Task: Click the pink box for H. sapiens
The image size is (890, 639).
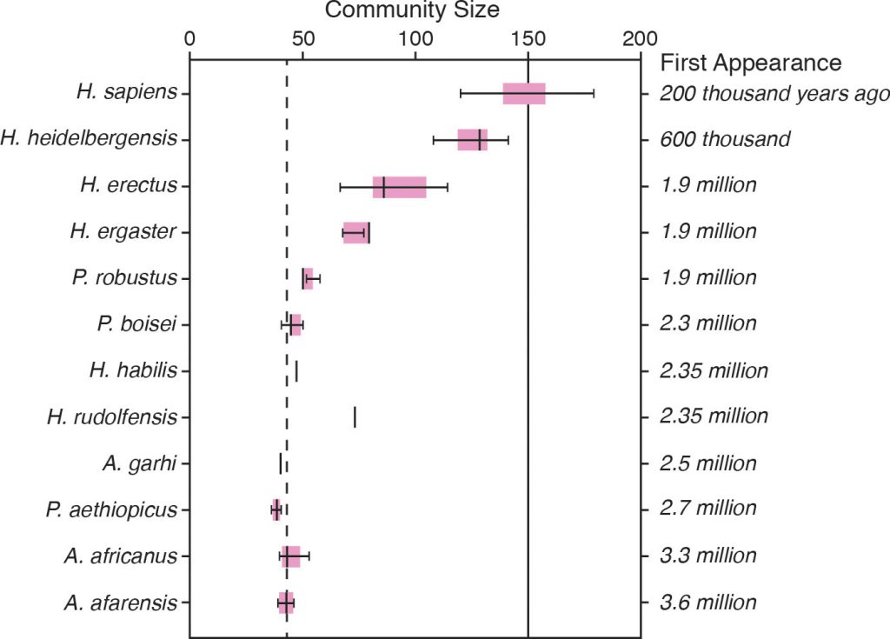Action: (524, 93)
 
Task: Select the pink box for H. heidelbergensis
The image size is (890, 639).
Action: (472, 139)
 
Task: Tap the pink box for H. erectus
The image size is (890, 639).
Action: (399, 186)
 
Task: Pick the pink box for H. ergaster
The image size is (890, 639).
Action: (355, 232)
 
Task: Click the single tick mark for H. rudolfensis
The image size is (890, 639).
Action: (355, 417)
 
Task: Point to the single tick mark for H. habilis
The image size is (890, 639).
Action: (296, 371)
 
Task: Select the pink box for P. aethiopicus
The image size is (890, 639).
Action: (276, 509)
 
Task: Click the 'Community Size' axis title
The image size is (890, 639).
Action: (412, 10)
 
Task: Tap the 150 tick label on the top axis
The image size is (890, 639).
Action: (528, 38)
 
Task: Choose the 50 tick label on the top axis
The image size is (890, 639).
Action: (302, 38)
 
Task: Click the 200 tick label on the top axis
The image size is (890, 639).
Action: (641, 38)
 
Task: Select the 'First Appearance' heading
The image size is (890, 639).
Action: (751, 63)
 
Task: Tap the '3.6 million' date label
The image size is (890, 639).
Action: (707, 602)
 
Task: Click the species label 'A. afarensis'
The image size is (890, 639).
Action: (121, 602)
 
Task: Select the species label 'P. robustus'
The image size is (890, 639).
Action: (125, 278)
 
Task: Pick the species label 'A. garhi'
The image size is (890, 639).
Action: (139, 463)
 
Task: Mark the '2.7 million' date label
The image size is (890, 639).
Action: (707, 509)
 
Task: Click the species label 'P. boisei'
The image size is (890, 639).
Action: (137, 324)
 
